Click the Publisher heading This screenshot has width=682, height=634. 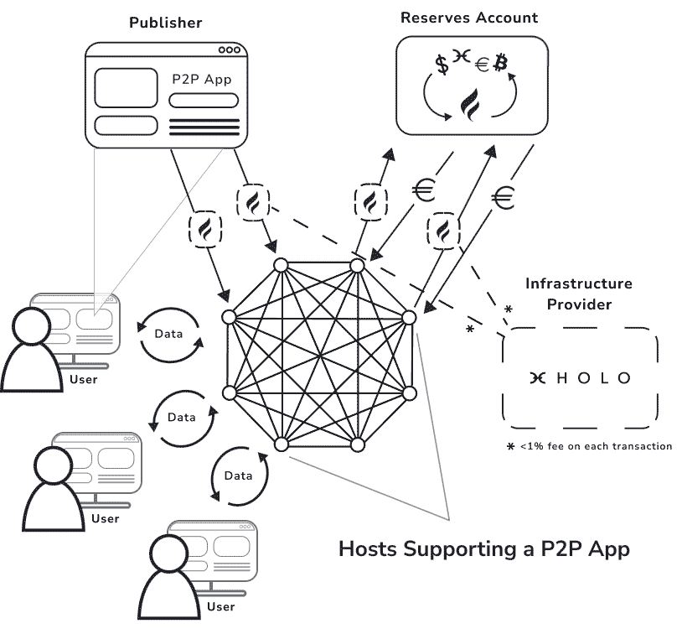[x=165, y=22]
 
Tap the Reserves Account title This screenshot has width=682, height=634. [x=468, y=17]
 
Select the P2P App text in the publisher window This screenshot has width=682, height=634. [x=201, y=80]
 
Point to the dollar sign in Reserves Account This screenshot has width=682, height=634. [x=441, y=65]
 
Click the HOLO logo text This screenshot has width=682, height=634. [x=580, y=377]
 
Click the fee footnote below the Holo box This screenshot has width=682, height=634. [x=589, y=446]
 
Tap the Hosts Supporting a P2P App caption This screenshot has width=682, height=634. [x=483, y=549]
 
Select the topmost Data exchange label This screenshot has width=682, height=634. [x=169, y=333]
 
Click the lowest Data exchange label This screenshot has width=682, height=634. [x=238, y=475]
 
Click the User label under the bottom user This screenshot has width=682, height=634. [x=220, y=606]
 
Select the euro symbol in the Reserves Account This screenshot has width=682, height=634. [x=481, y=65]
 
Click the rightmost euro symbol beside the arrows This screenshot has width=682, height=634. [x=503, y=198]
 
